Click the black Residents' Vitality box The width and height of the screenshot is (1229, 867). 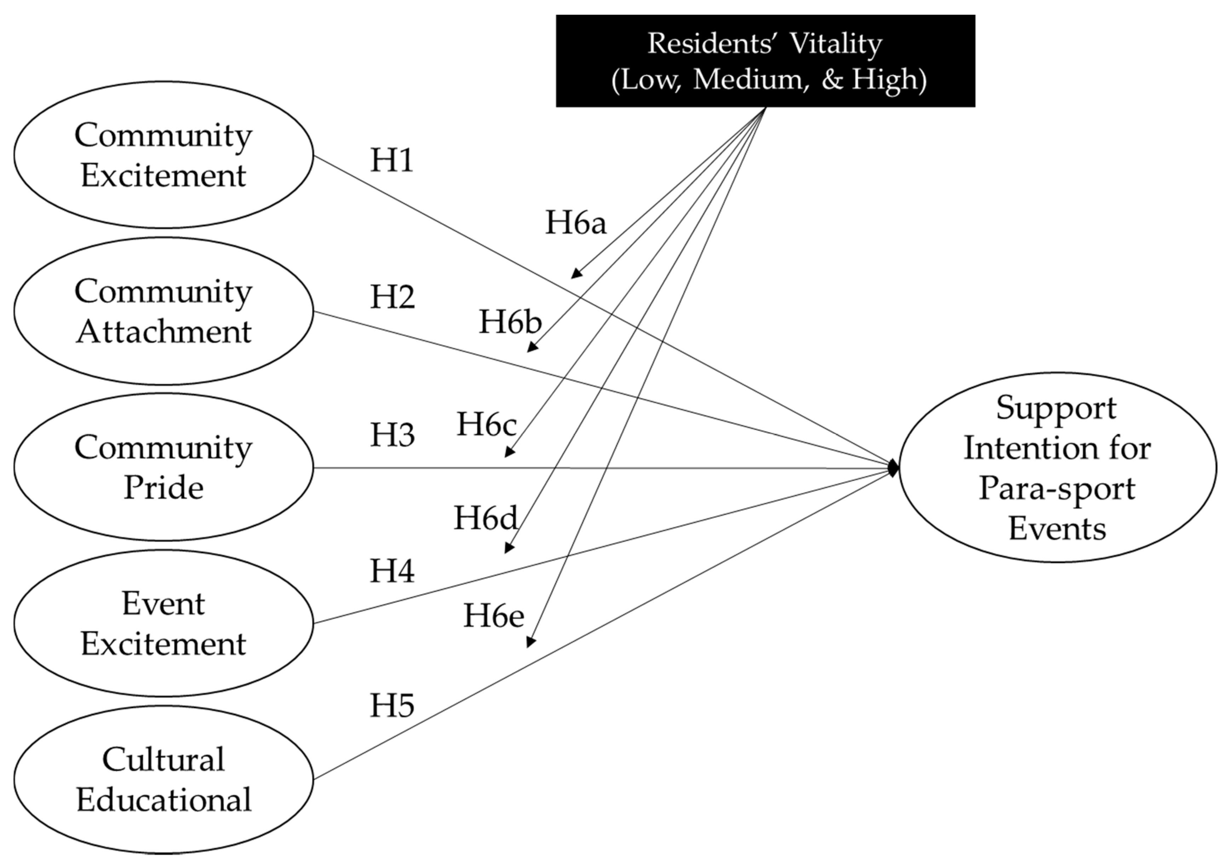click(x=765, y=60)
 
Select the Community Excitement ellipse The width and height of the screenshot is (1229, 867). click(x=163, y=155)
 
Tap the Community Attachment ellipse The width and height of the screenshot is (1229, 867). click(x=163, y=311)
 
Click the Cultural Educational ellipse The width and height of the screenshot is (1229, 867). click(x=163, y=779)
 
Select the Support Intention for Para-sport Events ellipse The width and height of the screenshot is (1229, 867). click(x=1057, y=467)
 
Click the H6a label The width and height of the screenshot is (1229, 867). click(x=575, y=222)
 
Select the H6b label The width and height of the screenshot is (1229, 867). click(x=510, y=322)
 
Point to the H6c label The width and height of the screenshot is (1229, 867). click(x=486, y=424)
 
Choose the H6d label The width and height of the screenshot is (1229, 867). click(x=486, y=518)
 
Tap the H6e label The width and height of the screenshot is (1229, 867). click(x=493, y=615)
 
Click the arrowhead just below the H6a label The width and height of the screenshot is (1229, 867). click(x=576, y=273)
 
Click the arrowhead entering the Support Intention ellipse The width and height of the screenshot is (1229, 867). click(x=893, y=468)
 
